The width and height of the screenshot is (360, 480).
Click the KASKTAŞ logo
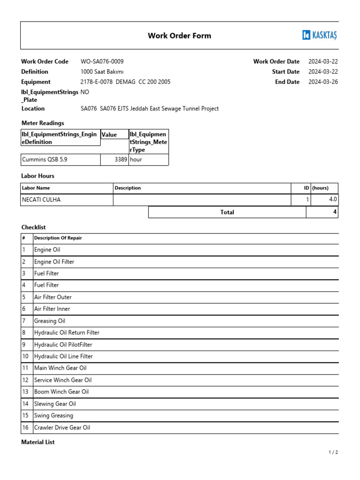[x=320, y=35]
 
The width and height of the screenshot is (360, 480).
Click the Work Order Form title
[x=180, y=36]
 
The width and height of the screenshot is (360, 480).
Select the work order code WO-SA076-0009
[x=102, y=61]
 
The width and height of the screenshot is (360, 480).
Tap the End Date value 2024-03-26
[x=323, y=82]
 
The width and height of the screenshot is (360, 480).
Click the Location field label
[x=33, y=109]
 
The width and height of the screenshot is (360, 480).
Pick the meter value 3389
[x=120, y=159]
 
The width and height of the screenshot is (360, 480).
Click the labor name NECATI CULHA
[x=41, y=200]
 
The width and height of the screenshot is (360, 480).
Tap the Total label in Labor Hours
[x=227, y=212]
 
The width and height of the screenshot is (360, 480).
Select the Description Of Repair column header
[x=58, y=238]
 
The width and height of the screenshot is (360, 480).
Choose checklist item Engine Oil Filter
[x=54, y=262]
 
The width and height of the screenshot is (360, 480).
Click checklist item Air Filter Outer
[x=53, y=297]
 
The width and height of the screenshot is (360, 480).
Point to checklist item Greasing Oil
[x=50, y=321]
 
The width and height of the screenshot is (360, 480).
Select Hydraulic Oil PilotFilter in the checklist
[x=63, y=345]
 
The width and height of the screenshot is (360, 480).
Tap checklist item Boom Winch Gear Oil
[x=61, y=392]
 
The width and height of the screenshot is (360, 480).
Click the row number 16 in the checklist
[x=25, y=427]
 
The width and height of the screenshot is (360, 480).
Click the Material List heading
[x=38, y=442]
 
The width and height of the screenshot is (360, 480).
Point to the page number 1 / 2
[x=333, y=452]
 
